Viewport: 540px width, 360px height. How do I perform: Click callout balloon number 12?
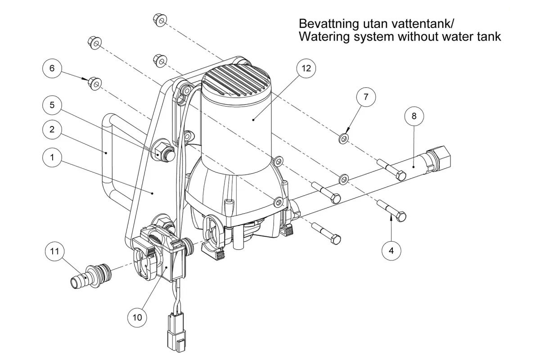click(306, 68)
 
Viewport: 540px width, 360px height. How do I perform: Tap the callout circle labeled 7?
click(366, 97)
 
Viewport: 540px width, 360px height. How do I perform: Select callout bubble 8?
click(414, 116)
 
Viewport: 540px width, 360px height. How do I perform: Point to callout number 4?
click(391, 251)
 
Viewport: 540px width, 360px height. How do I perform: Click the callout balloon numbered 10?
click(137, 317)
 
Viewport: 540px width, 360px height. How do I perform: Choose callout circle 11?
click(55, 251)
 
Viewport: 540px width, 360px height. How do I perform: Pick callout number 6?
click(52, 68)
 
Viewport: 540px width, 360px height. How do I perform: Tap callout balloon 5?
click(52, 105)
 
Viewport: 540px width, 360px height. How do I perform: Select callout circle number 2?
click(52, 130)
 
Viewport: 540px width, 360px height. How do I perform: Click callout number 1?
click(52, 157)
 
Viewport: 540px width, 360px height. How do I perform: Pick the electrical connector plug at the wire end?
click(176, 332)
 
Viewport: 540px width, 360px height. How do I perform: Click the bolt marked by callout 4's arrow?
click(391, 211)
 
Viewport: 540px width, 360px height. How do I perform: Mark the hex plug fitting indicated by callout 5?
click(162, 152)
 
